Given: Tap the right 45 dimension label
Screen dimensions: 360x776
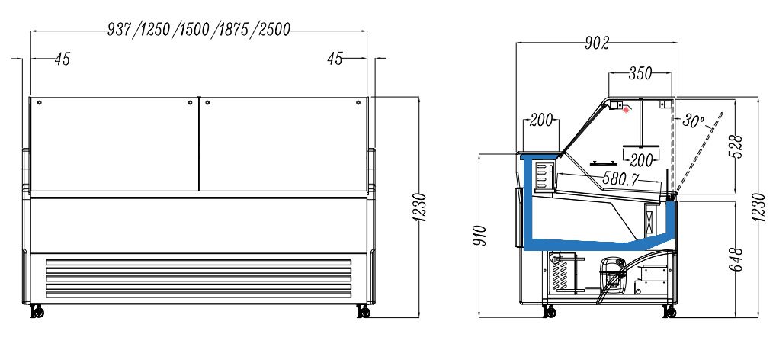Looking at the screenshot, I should coord(335,59).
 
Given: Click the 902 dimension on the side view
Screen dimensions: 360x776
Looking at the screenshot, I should coord(597,43).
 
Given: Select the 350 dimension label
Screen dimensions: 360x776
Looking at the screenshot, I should coord(640,74).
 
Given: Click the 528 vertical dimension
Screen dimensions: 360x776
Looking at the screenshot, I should coord(736,145).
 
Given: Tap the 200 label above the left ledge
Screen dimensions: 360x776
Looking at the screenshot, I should coord(540,121).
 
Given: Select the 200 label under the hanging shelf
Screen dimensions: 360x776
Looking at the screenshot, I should coord(642,160).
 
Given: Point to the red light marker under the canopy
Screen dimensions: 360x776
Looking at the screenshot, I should coord(627,110).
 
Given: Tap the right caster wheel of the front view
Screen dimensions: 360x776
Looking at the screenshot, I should coord(364,310).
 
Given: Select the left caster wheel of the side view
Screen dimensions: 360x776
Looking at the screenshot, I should coord(547,310).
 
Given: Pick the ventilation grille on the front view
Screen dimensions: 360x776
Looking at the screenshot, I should coord(199,278).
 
